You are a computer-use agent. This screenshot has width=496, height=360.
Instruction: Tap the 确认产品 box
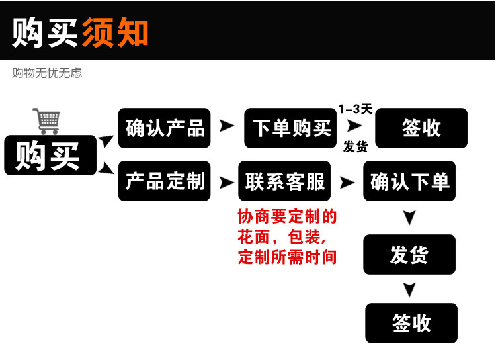(164, 128)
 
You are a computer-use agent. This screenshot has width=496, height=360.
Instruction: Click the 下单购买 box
(290, 128)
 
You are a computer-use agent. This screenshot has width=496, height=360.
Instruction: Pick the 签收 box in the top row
(421, 128)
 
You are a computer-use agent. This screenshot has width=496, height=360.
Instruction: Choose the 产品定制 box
(164, 181)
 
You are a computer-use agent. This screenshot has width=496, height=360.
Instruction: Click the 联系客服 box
(285, 181)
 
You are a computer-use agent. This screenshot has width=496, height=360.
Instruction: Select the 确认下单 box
(409, 181)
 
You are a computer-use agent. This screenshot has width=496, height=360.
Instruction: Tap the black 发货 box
(409, 254)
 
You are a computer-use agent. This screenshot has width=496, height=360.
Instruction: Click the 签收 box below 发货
(411, 323)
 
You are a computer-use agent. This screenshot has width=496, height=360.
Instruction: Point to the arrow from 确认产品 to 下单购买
(227, 126)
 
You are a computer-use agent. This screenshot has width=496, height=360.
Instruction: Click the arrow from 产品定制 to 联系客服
(227, 182)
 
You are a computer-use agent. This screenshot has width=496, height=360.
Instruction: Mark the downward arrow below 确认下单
(409, 218)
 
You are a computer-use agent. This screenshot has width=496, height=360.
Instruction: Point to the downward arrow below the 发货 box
(409, 289)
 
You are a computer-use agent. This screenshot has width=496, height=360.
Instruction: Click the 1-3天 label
(355, 109)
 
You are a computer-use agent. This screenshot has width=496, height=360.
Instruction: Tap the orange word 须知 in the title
(115, 31)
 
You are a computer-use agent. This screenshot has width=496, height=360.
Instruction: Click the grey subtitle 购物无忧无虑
(47, 73)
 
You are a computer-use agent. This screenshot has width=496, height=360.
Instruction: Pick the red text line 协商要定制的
(287, 216)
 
